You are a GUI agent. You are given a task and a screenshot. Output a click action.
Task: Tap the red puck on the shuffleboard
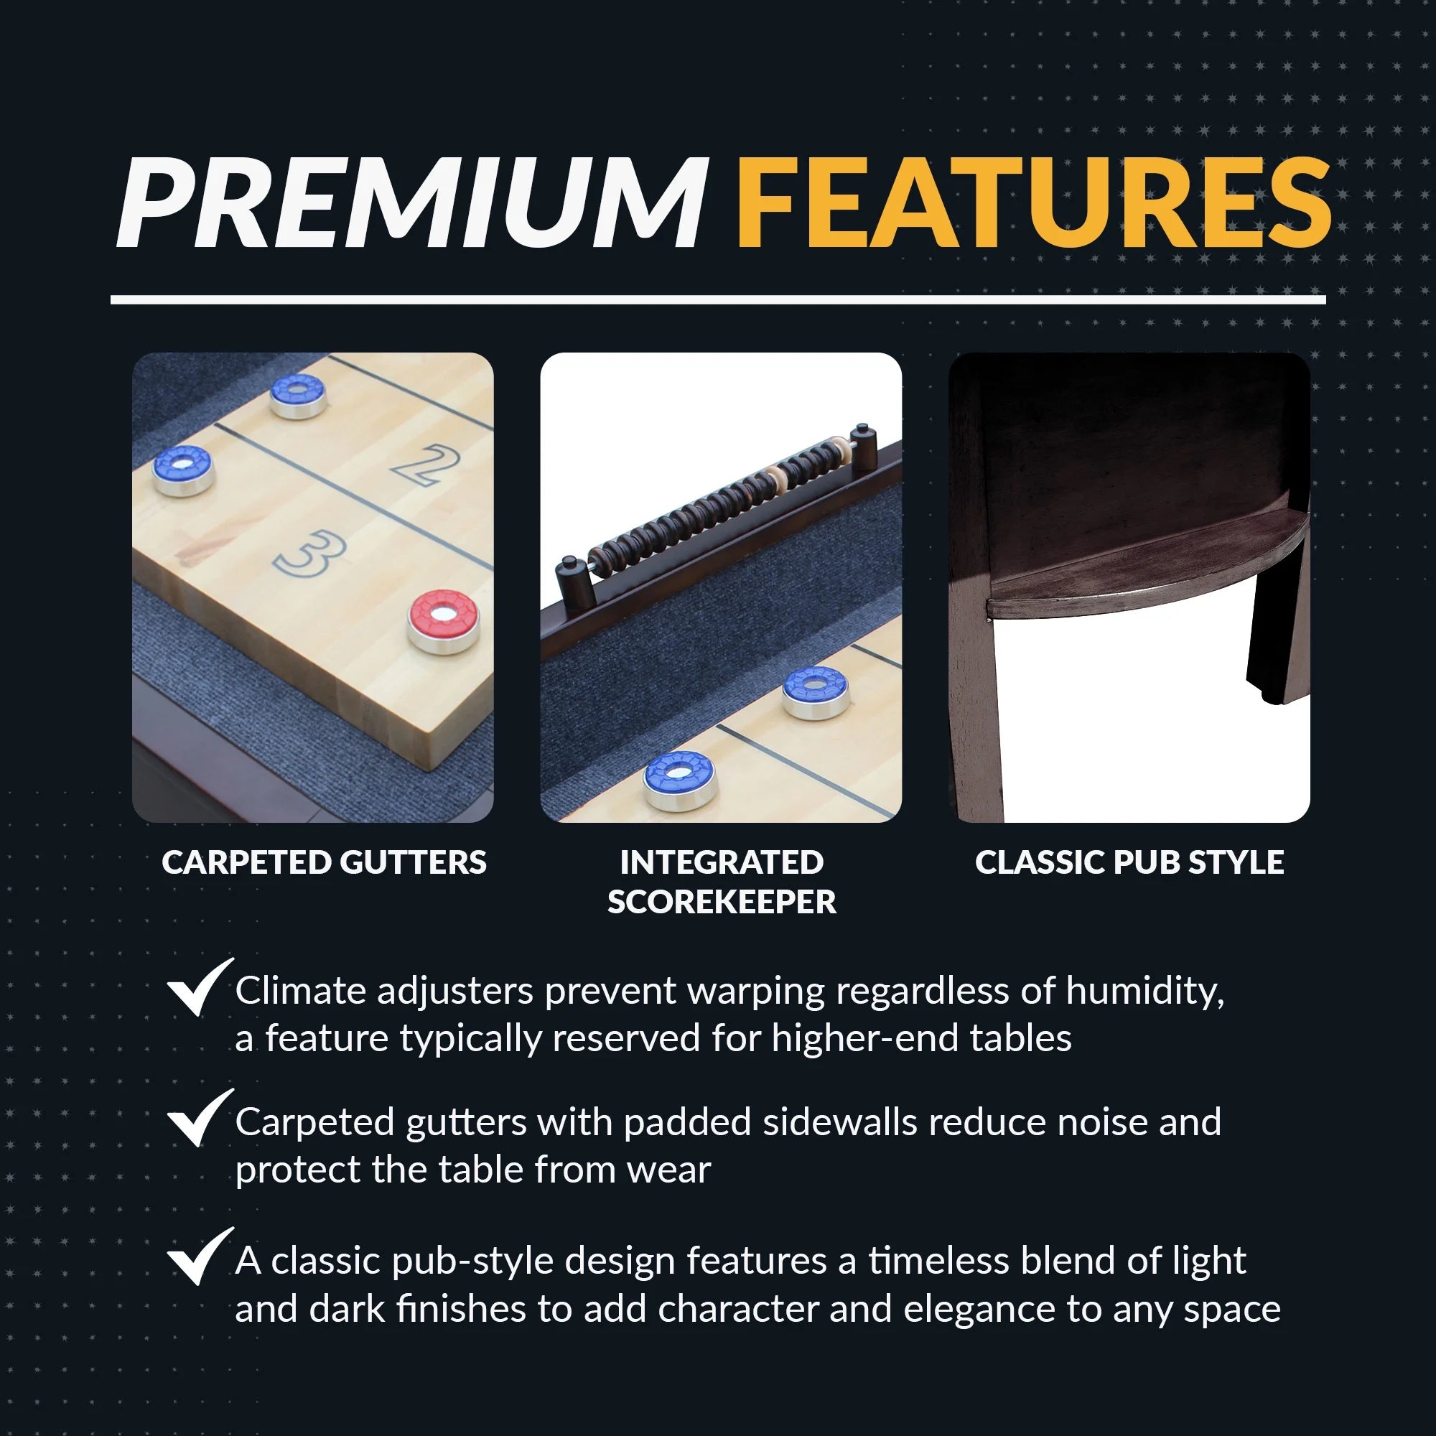444,620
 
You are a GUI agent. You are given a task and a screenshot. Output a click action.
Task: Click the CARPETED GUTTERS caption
324,862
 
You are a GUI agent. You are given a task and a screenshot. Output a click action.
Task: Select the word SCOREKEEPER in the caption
721,902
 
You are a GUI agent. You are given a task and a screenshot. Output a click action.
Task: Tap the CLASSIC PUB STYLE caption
1129,862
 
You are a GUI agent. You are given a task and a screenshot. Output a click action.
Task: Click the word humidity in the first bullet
1144,992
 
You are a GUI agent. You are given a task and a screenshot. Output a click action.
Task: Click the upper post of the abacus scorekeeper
863,442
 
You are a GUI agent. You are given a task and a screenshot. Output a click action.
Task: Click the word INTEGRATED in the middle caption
721,862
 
